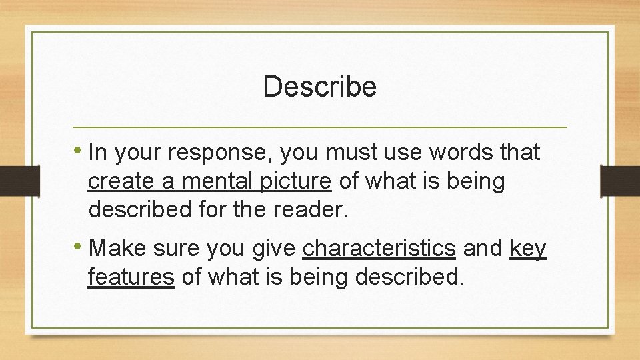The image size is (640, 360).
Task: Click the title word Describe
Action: [x=320, y=87]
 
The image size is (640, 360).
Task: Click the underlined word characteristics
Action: [x=379, y=249]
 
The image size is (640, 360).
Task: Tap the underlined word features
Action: [x=131, y=277]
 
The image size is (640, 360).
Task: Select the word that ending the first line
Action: [x=519, y=153]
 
